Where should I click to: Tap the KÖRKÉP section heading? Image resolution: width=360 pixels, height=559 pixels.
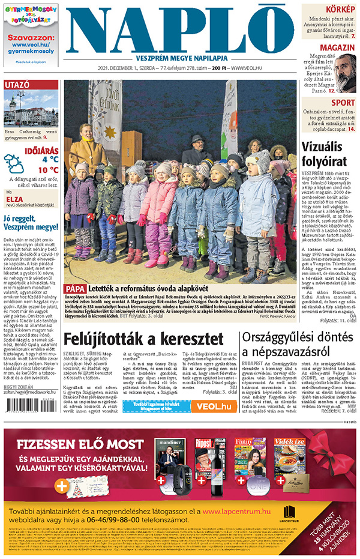pos(339,9)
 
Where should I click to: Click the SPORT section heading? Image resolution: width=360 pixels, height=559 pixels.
pos(343,103)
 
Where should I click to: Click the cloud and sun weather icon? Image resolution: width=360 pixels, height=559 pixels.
pos(14,163)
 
